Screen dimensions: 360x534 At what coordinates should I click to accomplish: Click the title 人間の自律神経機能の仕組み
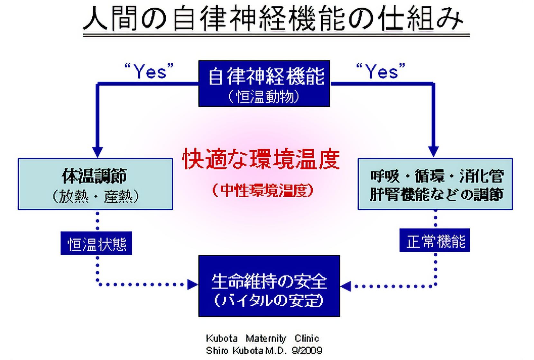[273, 19]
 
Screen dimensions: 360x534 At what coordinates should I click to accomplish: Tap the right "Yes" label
[381, 71]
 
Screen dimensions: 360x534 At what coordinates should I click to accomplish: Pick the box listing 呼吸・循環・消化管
[435, 184]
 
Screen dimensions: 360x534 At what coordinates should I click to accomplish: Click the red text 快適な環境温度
[261, 159]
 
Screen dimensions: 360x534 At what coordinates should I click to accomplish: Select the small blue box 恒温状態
[97, 243]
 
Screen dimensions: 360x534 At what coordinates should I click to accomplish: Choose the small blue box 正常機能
[435, 240]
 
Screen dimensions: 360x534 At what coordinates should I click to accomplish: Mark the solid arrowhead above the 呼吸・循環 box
[433, 151]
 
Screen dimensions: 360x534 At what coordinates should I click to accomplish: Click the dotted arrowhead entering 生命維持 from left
[192, 284]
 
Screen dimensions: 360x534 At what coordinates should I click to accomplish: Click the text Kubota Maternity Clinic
[262, 338]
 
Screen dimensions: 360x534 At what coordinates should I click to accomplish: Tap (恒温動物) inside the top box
[264, 96]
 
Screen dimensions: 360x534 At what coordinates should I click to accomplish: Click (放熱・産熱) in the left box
[96, 196]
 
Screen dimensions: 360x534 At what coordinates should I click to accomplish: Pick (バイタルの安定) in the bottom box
[269, 301]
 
